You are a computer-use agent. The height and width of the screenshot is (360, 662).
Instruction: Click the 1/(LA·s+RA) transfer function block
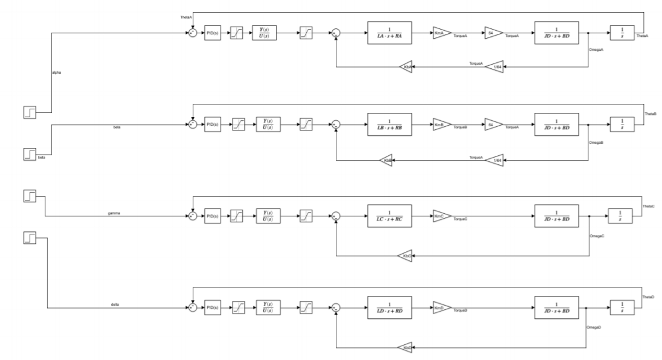tap(389, 34)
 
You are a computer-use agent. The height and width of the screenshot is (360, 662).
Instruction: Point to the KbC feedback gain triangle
tap(405, 256)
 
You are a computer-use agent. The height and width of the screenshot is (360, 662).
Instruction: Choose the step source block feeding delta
tap(30, 238)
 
